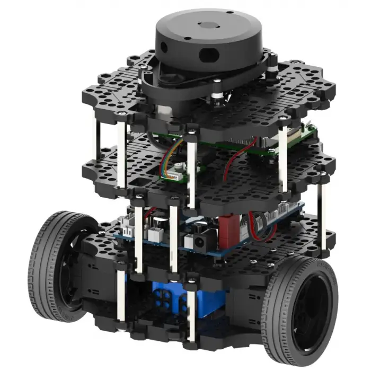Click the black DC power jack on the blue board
point(200,241)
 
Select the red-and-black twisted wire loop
point(262,220)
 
